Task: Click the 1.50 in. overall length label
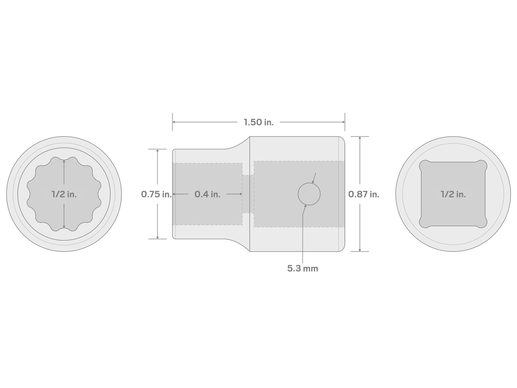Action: [258, 122]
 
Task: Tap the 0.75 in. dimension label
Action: [156, 194]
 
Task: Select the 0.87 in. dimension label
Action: [364, 194]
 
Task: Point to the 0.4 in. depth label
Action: [207, 194]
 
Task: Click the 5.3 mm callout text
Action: [302, 268]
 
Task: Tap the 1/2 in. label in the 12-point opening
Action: [64, 194]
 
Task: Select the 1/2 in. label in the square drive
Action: [453, 194]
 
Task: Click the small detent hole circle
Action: [309, 194]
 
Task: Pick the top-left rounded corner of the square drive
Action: [425, 165]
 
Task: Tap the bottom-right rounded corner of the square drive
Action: [482, 222]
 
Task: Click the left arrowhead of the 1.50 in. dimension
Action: [174, 122]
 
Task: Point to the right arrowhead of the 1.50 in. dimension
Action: [343, 122]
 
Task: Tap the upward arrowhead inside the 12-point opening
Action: [64, 162]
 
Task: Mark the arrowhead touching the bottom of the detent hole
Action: [306, 206]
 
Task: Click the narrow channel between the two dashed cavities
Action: [248, 194]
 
